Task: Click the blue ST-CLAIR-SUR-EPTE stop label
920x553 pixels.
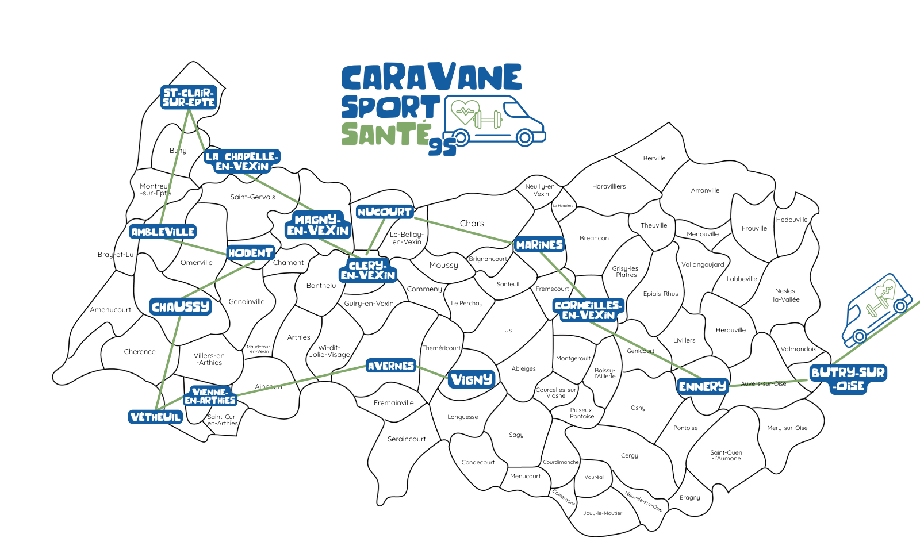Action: click(x=189, y=97)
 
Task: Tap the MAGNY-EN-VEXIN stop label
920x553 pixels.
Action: click(x=318, y=225)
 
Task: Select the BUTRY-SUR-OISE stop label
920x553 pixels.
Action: click(x=848, y=379)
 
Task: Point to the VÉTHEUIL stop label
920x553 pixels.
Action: click(x=156, y=417)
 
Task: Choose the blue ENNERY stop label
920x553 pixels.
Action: click(x=703, y=386)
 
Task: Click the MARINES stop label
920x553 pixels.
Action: click(x=539, y=245)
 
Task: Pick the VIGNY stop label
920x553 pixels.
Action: click(x=471, y=379)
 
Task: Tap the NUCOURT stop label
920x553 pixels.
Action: click(x=385, y=212)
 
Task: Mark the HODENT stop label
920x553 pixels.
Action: click(x=250, y=253)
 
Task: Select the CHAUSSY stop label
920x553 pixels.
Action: click(x=181, y=306)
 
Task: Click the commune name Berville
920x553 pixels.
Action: click(x=654, y=158)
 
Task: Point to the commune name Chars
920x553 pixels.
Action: click(x=472, y=224)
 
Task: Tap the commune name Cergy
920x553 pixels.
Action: click(x=630, y=455)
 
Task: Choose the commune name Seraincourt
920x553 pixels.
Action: click(x=407, y=439)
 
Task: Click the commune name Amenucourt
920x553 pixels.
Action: click(x=110, y=310)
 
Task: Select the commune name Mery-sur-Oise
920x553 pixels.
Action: click(x=787, y=428)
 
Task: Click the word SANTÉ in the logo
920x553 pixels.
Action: click(x=386, y=133)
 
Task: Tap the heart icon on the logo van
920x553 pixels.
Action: click(x=465, y=112)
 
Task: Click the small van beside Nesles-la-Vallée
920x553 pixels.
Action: click(x=876, y=309)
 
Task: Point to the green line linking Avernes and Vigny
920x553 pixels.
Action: click(x=431, y=371)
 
